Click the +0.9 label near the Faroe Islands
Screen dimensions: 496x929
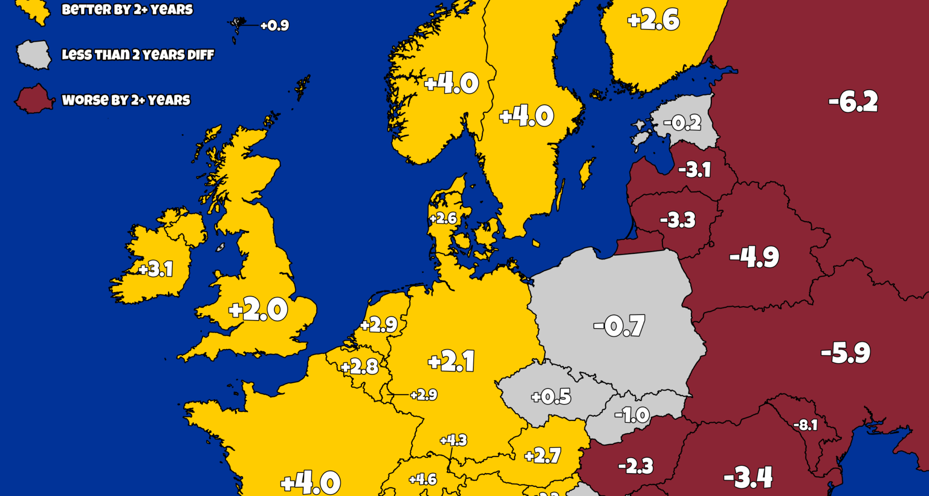click(274, 25)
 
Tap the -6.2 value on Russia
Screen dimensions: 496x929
click(853, 102)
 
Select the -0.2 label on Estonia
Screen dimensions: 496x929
click(682, 123)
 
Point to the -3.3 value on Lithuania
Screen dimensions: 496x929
click(678, 220)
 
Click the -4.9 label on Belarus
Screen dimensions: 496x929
click(754, 257)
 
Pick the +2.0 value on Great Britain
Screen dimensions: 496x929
click(258, 310)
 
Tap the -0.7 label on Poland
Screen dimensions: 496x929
click(619, 325)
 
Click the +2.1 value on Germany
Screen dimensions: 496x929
click(451, 361)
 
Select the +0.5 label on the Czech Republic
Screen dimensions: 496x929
click(551, 397)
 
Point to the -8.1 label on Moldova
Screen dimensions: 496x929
click(806, 425)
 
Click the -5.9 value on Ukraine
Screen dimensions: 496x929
click(846, 353)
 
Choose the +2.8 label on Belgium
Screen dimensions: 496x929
click(360, 367)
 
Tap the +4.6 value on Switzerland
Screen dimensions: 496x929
click(423, 480)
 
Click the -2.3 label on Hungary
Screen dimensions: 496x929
click(636, 466)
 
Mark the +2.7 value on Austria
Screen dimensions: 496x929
click(543, 455)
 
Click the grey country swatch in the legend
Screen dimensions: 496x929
click(34, 55)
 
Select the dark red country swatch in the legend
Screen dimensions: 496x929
click(34, 99)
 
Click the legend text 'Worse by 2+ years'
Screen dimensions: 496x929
click(126, 100)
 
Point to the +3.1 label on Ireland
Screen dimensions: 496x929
click(156, 269)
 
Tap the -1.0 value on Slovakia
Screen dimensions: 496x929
click(632, 415)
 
